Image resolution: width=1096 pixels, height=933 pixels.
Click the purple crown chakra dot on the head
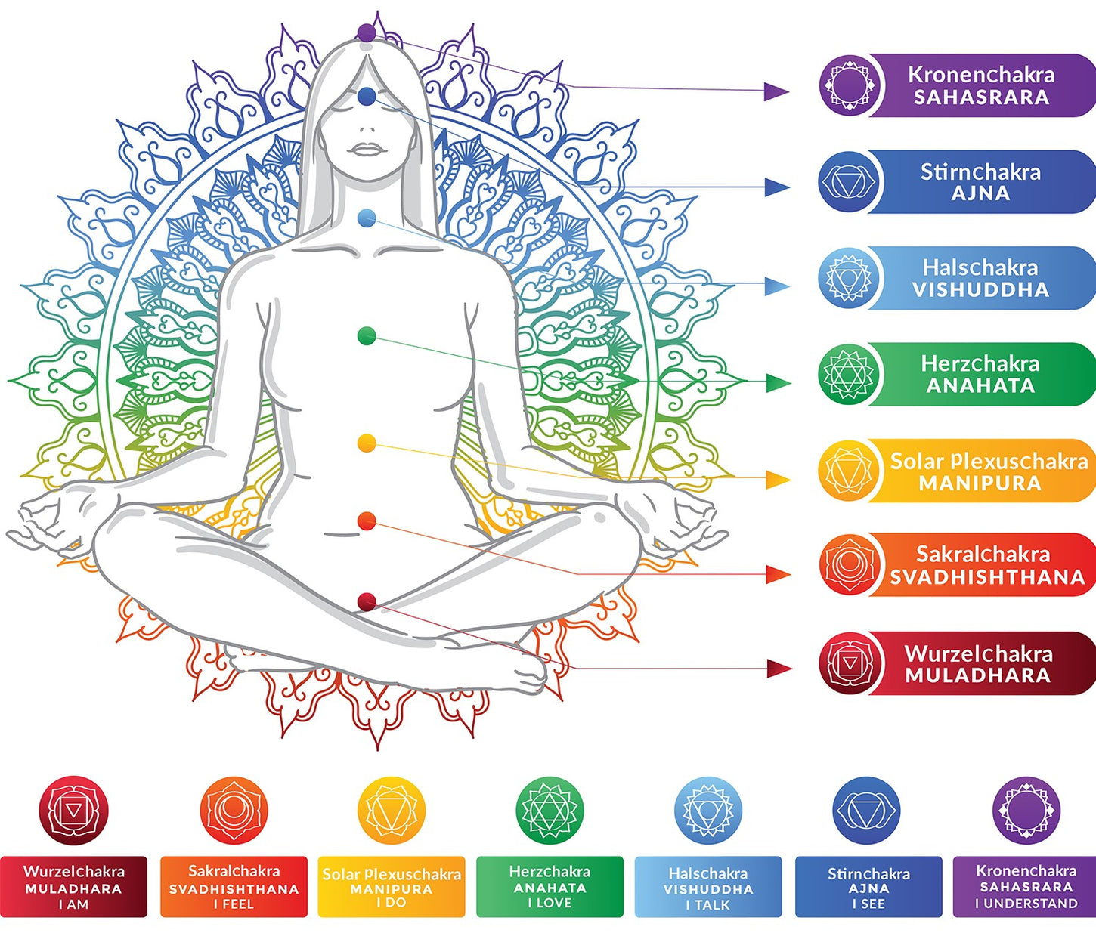point(367,32)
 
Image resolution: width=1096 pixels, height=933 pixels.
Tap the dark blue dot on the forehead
point(367,96)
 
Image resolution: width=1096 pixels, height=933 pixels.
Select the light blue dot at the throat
point(367,219)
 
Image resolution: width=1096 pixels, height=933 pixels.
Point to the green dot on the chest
point(367,336)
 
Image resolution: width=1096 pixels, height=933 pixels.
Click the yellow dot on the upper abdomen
point(367,443)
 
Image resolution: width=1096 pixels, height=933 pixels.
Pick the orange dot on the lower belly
point(367,521)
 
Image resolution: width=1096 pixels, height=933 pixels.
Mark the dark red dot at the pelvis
point(367,601)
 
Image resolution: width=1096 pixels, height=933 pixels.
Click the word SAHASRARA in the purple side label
point(981,97)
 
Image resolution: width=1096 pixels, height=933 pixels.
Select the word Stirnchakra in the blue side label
point(980,172)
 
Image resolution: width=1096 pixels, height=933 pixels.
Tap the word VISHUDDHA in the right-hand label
point(980,290)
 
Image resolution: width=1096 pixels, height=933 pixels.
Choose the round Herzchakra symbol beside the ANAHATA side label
point(850,374)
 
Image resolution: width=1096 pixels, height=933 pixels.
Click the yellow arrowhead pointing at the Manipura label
point(778,480)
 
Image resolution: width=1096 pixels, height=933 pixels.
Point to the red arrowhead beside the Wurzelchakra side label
point(779,669)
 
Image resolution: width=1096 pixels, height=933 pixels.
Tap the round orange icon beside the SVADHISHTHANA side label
point(850,564)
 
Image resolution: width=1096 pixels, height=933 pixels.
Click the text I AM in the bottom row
point(73,904)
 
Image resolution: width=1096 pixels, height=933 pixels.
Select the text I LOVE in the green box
point(550,903)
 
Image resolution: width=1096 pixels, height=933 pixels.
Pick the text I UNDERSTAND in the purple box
point(1026,904)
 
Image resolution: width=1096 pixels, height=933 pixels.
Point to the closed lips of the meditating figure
point(367,150)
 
